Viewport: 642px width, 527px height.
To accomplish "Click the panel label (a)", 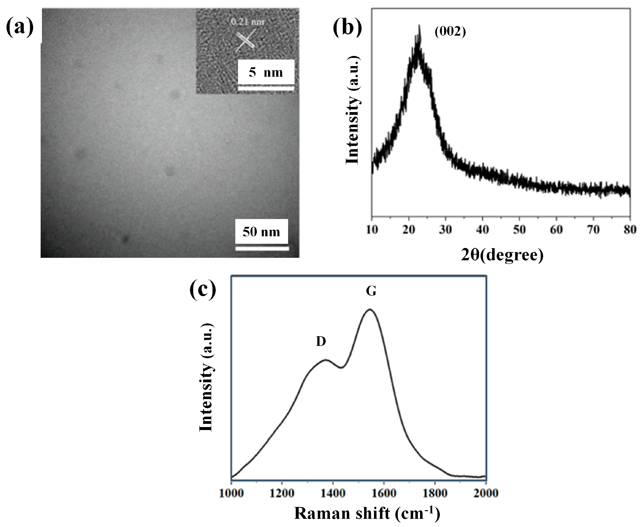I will tap(20, 27).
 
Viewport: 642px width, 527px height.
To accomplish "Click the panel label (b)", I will tap(347, 27).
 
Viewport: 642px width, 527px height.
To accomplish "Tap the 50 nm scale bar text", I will tap(261, 232).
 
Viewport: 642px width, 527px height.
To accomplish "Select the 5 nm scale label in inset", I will tap(266, 72).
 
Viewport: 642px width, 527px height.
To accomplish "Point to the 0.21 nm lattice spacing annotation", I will tap(247, 22).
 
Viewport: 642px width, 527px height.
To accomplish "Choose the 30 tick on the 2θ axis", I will tap(445, 230).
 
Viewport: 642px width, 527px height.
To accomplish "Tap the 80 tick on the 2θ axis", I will tap(630, 230).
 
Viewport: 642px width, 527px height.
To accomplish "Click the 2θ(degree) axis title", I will tap(502, 255).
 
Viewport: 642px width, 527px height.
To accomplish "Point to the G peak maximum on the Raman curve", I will tap(370, 310).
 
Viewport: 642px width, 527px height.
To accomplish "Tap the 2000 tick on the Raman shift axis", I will tap(486, 493).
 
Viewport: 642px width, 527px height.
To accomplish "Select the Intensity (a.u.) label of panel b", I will tap(353, 110).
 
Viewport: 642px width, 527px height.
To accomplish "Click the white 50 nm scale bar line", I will tap(262, 249).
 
